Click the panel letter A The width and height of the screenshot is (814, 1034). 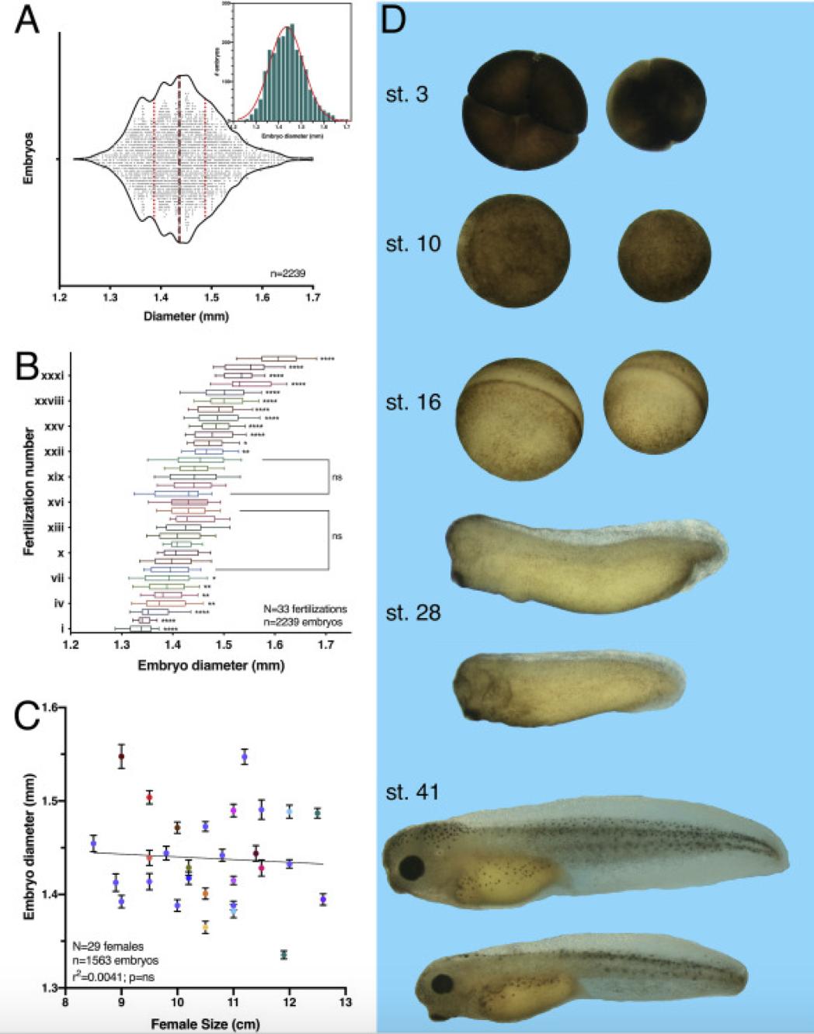tap(27, 19)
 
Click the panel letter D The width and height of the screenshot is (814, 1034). tap(395, 19)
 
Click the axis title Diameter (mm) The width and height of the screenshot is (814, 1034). tap(186, 316)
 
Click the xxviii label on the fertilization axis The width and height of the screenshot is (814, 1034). tap(49, 401)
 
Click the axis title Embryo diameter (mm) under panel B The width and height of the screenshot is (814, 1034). tap(210, 665)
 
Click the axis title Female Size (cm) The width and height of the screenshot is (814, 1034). tap(205, 1024)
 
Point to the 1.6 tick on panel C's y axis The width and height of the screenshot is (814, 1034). tap(51, 707)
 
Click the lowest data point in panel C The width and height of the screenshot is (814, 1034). tap(284, 954)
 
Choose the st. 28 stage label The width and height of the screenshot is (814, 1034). tap(413, 612)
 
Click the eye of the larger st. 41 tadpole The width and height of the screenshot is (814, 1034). tap(411, 866)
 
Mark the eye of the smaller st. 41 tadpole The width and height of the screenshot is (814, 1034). tap(443, 984)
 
